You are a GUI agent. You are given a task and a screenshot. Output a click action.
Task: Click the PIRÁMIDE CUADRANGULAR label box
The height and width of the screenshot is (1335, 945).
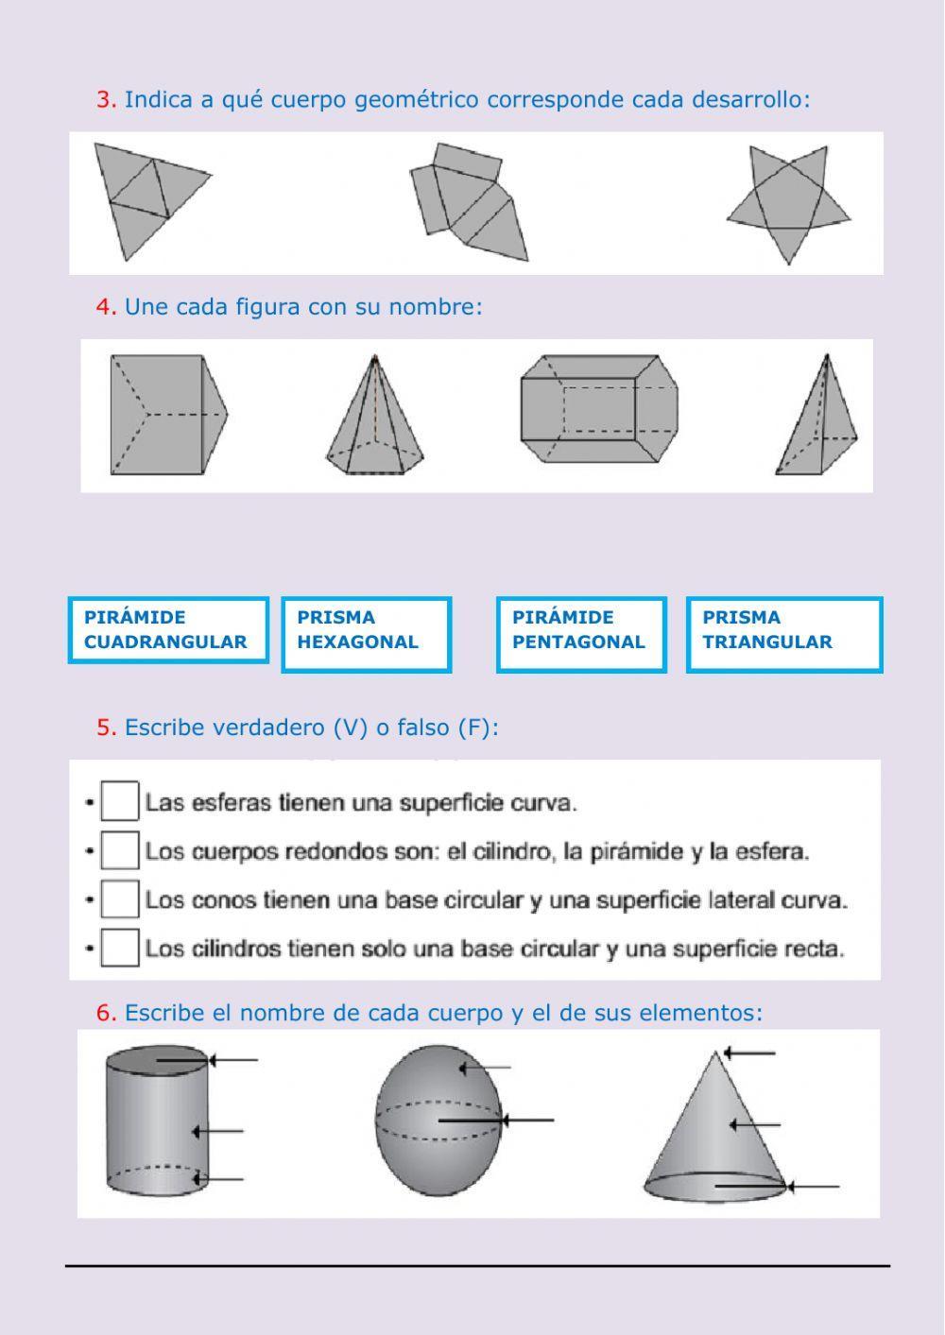click(168, 630)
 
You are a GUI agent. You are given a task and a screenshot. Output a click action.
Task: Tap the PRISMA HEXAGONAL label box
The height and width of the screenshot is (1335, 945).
click(366, 634)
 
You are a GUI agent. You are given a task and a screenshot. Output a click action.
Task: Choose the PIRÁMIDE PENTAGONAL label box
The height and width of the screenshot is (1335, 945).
click(581, 634)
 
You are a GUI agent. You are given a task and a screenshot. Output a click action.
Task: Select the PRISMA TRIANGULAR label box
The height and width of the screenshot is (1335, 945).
click(783, 634)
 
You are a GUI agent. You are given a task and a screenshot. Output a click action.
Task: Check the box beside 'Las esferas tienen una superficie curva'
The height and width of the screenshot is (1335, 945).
click(120, 801)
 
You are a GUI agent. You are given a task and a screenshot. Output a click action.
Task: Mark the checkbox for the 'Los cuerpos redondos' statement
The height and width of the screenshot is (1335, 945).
click(120, 850)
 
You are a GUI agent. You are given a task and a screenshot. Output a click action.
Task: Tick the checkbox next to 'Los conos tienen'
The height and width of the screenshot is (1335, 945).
click(120, 899)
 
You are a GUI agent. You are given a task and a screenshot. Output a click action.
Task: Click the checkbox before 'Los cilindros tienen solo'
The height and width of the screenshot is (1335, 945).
click(120, 948)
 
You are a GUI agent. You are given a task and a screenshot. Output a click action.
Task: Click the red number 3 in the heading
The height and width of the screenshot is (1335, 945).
click(105, 99)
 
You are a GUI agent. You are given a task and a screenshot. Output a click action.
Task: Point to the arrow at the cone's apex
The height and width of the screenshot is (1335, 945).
click(749, 1053)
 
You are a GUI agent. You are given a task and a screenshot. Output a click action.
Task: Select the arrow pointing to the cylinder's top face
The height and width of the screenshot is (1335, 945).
click(232, 1060)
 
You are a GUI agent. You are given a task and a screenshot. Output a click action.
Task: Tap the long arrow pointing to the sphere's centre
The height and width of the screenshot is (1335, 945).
click(524, 1121)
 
